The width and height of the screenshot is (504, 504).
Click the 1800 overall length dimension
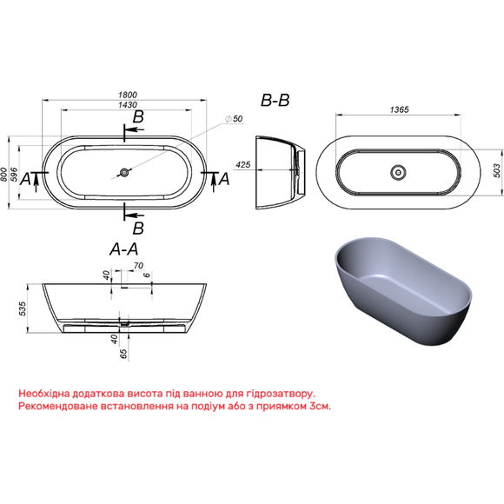[x=128, y=95]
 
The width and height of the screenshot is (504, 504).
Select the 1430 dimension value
[x=128, y=105]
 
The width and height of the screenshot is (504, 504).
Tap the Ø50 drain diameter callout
[x=234, y=118]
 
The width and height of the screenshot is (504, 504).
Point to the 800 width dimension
[x=3, y=175]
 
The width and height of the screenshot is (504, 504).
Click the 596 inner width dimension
[x=14, y=175]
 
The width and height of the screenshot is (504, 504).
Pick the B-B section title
[x=275, y=100]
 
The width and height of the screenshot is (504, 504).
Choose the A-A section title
[x=123, y=249]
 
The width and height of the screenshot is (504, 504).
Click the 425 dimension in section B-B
[x=243, y=164]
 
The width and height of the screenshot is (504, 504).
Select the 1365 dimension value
[x=400, y=109]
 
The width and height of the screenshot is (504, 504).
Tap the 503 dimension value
[x=496, y=170]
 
